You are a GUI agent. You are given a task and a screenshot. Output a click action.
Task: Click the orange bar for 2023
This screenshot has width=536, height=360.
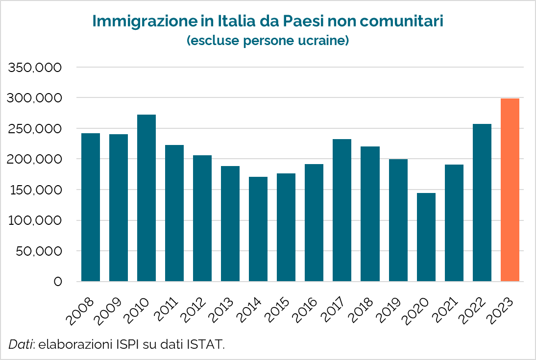point(510,190)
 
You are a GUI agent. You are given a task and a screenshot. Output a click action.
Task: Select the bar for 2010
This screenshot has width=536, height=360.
point(146,198)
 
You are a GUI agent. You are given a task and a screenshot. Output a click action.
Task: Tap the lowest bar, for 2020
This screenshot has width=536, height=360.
point(426,237)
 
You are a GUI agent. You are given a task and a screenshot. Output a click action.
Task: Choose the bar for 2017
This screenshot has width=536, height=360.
point(342,210)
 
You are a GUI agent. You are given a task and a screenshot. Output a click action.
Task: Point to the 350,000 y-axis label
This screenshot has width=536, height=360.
point(35,68)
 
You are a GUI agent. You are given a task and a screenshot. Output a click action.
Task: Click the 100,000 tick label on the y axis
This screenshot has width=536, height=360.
point(35,220)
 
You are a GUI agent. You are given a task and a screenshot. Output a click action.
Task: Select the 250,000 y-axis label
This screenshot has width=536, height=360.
point(35,129)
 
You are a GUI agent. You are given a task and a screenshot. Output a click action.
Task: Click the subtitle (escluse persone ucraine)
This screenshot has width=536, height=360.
point(268,40)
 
